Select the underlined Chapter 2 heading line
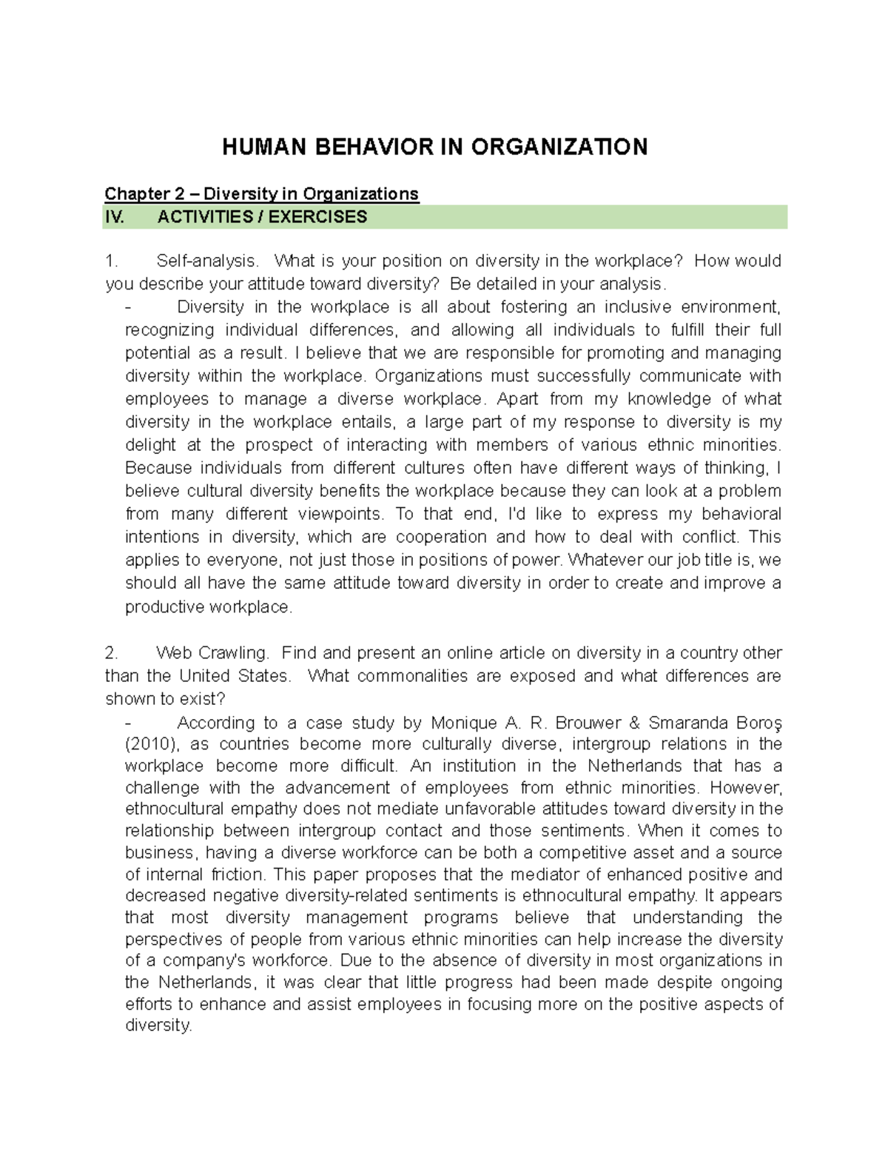click(261, 194)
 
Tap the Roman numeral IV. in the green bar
click(117, 217)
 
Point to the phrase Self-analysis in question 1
click(208, 261)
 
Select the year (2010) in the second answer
click(152, 744)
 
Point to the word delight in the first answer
click(151, 445)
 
